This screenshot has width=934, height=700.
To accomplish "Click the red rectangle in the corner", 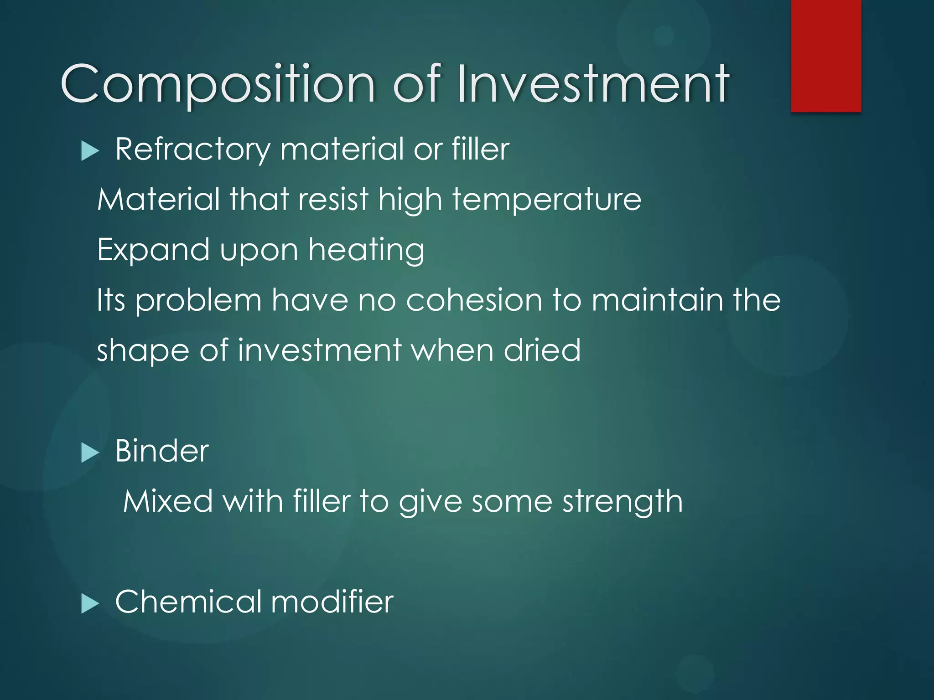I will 826,56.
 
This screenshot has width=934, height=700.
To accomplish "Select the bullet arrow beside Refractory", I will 90,151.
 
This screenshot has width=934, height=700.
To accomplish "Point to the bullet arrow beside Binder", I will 90,453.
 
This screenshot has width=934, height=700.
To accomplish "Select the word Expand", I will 153,251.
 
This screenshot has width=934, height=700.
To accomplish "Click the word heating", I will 366,251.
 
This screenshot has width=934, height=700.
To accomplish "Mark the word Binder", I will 162,451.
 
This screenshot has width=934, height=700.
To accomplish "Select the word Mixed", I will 168,501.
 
